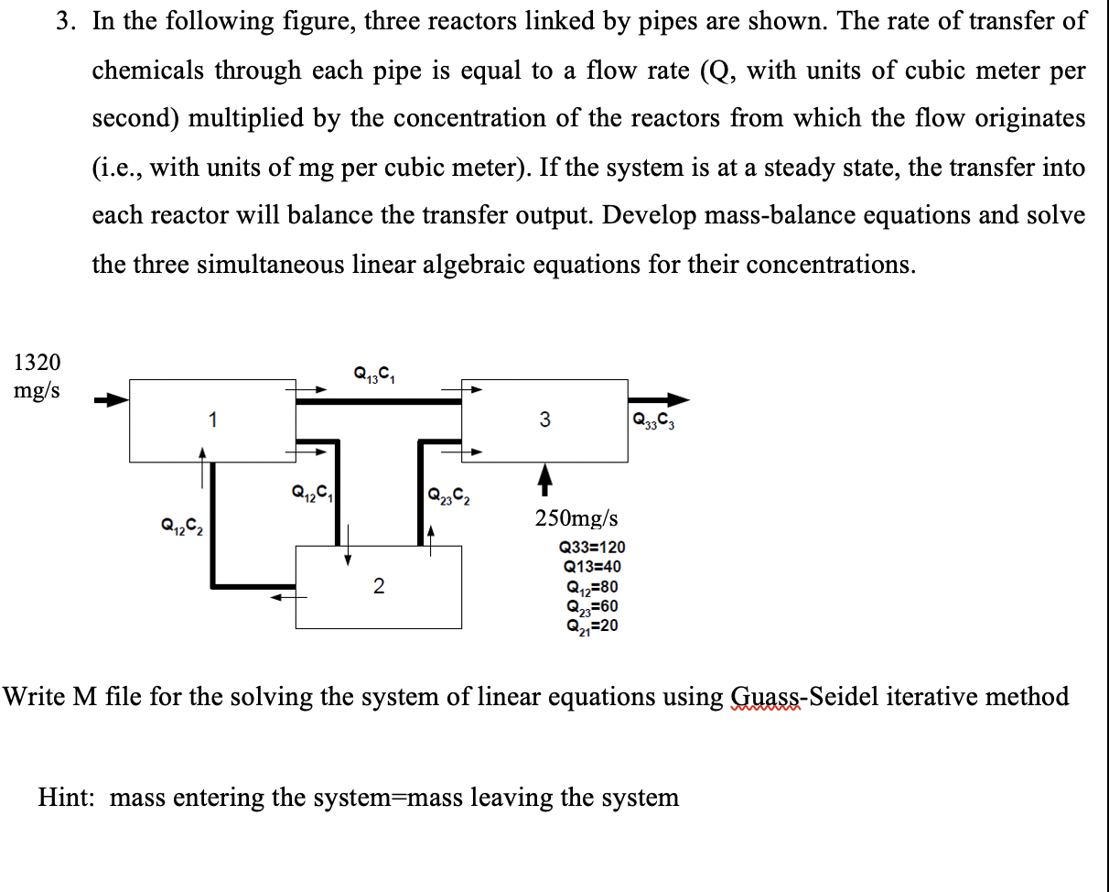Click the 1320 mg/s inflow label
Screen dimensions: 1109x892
[38, 375]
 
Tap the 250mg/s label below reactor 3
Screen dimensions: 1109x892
[576, 518]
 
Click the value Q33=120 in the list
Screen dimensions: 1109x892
[592, 548]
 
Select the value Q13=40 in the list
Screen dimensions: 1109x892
[592, 567]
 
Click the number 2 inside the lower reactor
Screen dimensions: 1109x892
[378, 586]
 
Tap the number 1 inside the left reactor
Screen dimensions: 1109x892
[212, 420]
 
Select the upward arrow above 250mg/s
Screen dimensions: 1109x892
[544, 474]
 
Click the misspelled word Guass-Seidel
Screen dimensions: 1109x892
[802, 697]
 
